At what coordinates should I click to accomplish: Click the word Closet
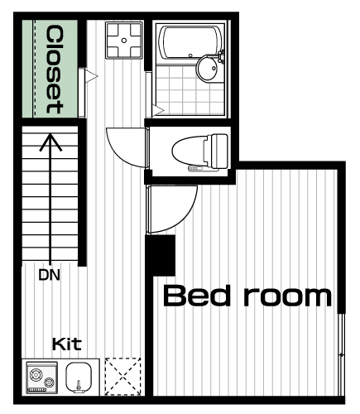tap(55, 70)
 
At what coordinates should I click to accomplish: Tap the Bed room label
tap(247, 296)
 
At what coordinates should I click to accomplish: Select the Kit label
tap(67, 344)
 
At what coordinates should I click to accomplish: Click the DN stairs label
tap(50, 275)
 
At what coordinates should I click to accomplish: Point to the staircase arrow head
tap(50, 142)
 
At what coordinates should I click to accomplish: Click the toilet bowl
tap(189, 151)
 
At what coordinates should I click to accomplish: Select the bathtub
tap(191, 42)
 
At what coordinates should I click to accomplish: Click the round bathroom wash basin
tap(208, 68)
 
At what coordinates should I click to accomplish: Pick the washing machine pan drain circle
tap(124, 41)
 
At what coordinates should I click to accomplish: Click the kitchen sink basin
tap(79, 377)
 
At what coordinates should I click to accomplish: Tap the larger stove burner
tap(36, 375)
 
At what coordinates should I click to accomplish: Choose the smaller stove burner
tap(49, 383)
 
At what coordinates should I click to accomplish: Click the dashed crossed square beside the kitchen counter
tap(123, 376)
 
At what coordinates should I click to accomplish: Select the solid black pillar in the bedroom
tap(161, 255)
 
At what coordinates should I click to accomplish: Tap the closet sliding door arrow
tap(91, 76)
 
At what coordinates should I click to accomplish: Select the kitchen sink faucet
tap(79, 386)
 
